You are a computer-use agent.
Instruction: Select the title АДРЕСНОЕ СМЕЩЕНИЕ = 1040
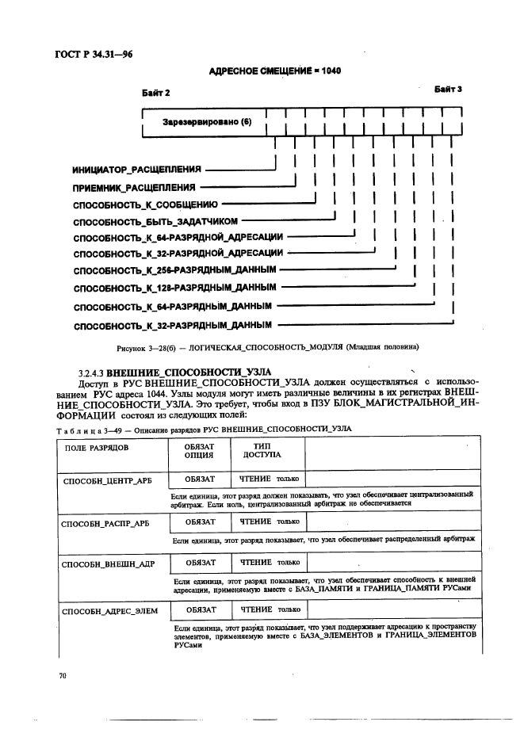[x=274, y=71]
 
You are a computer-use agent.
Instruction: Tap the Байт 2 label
[x=157, y=93]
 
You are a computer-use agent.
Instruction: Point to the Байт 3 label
[x=447, y=90]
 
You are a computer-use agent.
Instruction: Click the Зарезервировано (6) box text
[x=206, y=122]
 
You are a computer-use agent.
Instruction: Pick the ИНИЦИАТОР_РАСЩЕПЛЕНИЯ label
[x=136, y=170]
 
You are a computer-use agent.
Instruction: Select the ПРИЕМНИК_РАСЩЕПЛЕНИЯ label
[x=134, y=188]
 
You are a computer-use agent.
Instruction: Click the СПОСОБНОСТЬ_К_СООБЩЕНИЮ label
[x=145, y=204]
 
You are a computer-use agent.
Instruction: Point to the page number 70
[x=63, y=676]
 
